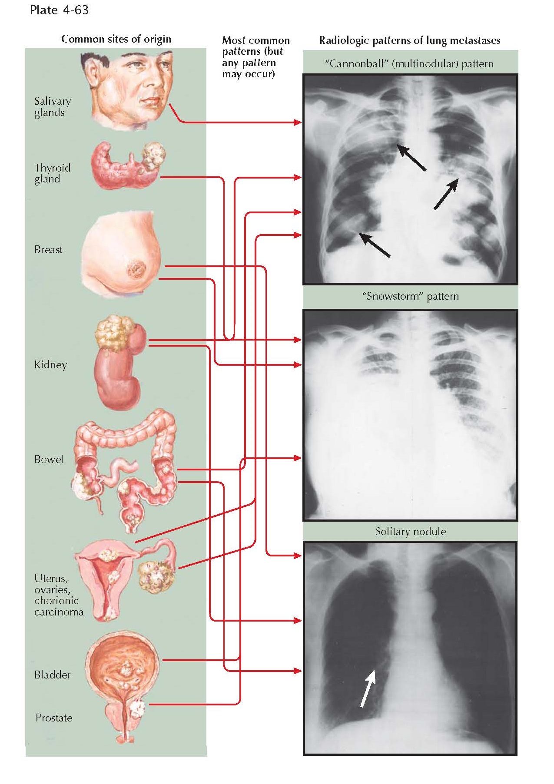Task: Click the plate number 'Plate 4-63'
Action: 59,10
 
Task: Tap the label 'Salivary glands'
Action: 52,107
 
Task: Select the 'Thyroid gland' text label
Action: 52,173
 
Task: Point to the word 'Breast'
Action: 48,250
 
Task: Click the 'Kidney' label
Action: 50,365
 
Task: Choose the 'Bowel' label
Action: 49,460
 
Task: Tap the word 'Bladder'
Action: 52,675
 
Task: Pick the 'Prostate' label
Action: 54,718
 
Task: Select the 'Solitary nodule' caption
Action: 410,532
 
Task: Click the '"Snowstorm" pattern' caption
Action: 410,297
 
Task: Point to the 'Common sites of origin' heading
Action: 116,39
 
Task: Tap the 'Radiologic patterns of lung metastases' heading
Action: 409,40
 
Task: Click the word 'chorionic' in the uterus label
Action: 56,601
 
